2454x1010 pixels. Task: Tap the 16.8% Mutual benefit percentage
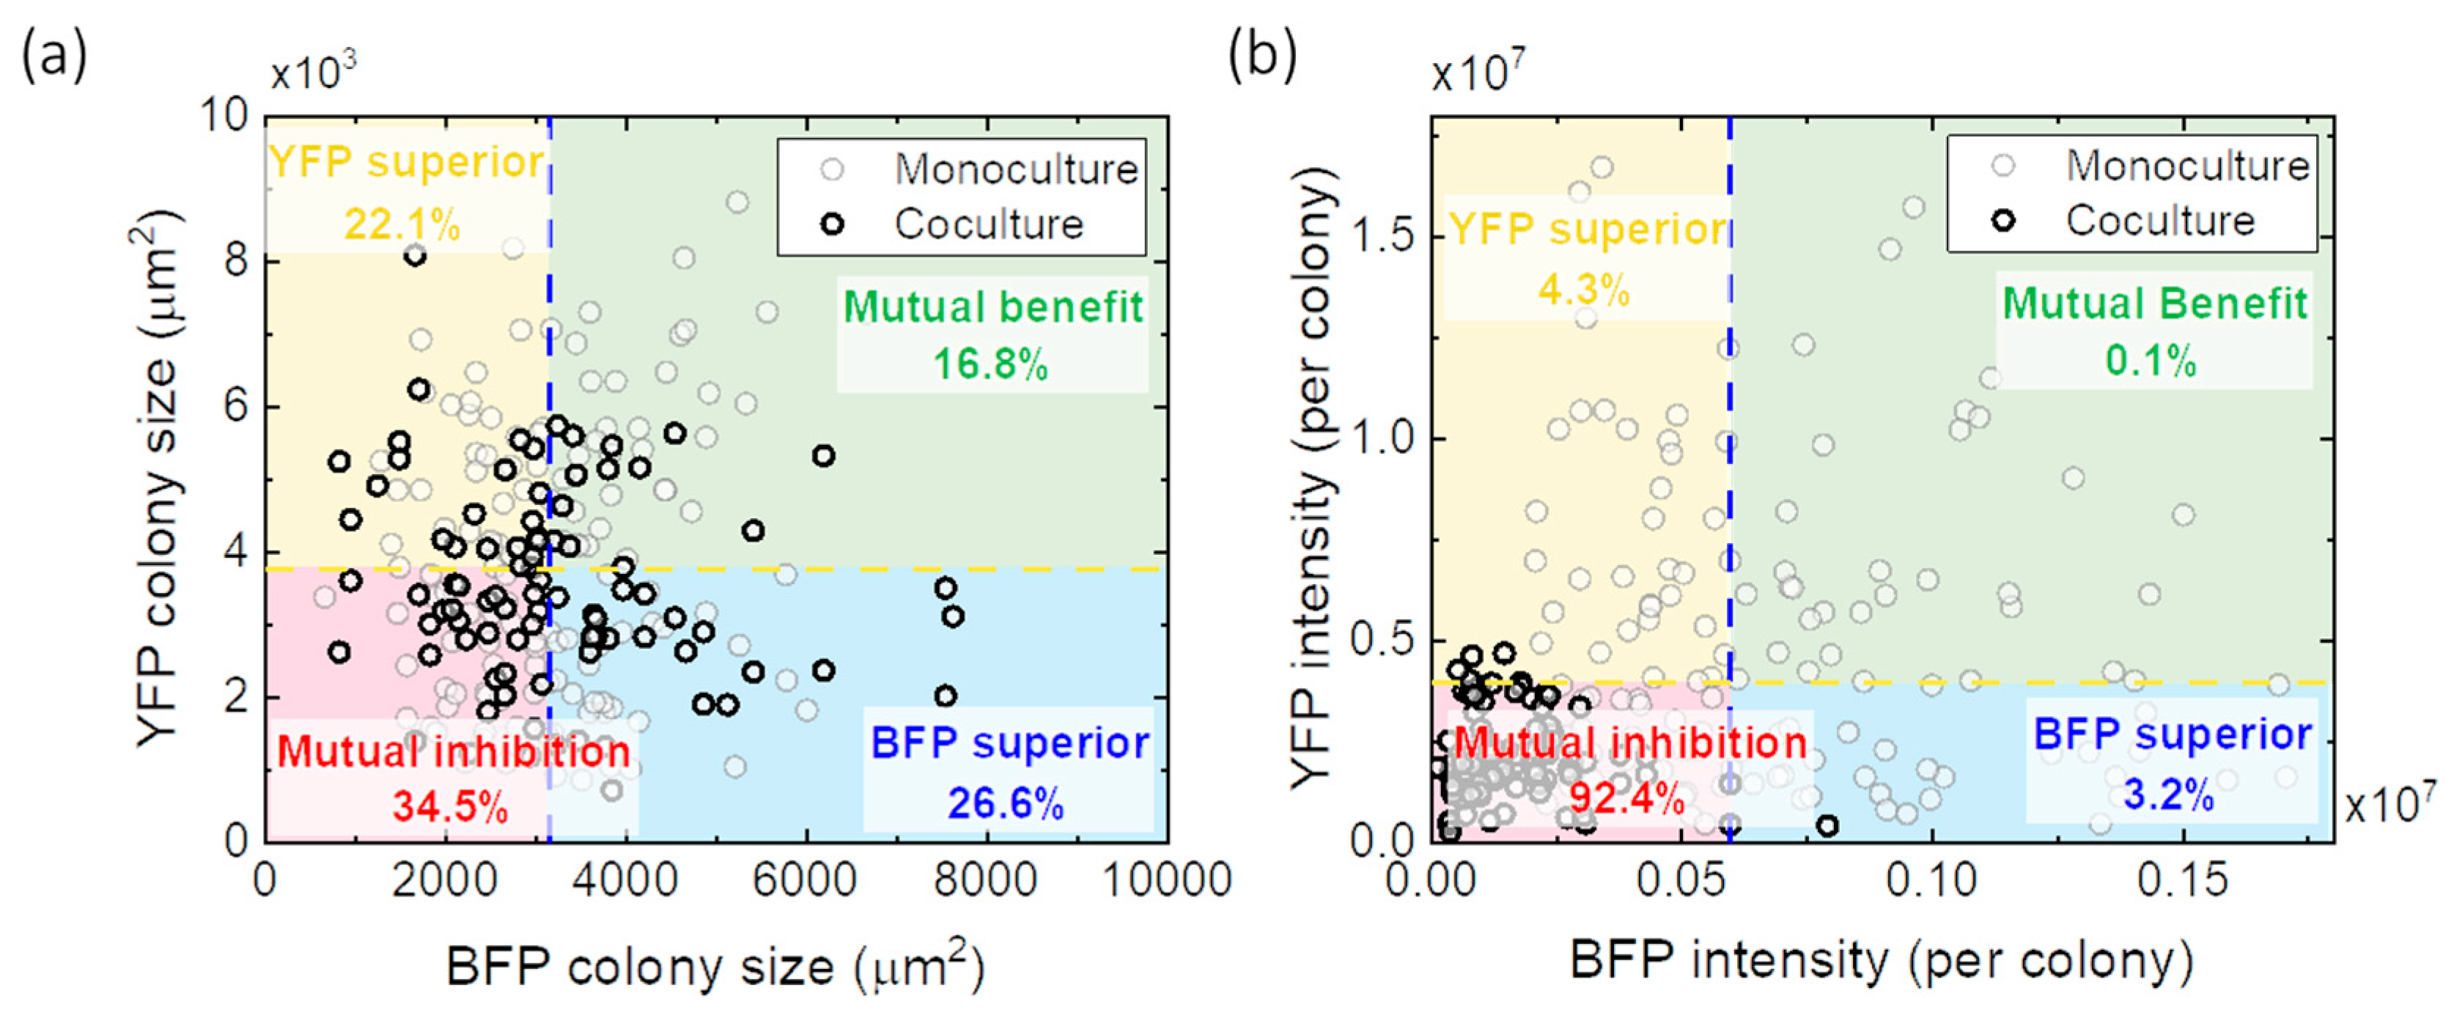[991, 364]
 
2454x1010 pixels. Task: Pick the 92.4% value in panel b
[1627, 797]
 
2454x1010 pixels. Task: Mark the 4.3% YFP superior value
[1583, 289]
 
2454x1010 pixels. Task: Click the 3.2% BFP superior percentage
[2168, 794]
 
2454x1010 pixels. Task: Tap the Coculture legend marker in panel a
[833, 225]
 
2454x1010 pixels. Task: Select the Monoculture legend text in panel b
[2187, 166]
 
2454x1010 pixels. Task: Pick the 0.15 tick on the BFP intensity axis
[2181, 880]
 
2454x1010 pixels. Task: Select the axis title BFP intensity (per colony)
[1882, 960]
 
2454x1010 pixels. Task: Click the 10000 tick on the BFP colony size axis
[1166, 880]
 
